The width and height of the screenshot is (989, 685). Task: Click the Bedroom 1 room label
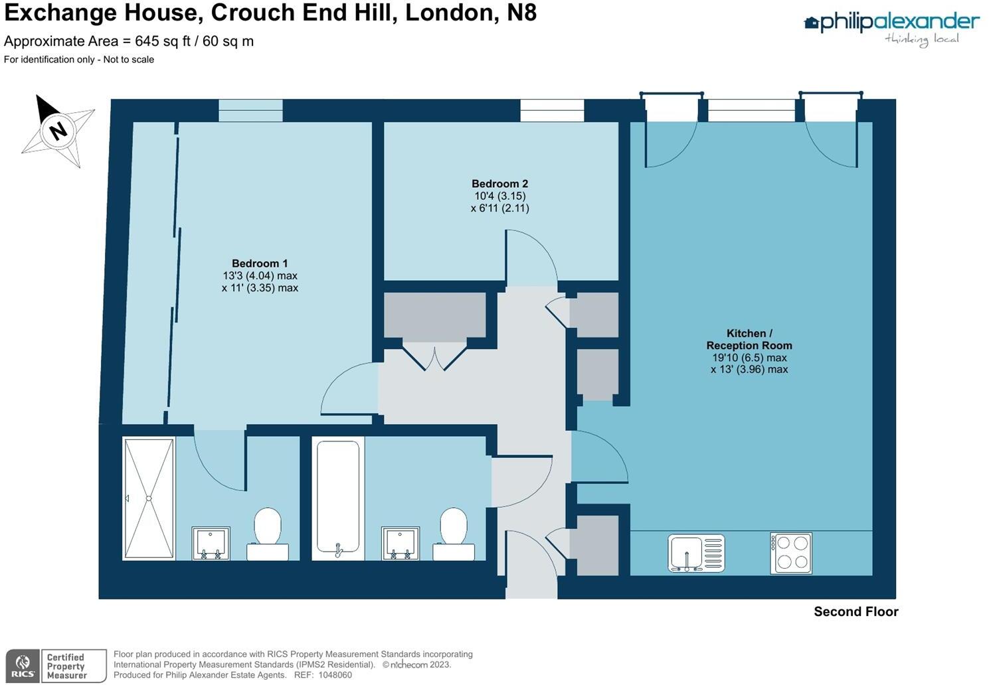tap(260, 264)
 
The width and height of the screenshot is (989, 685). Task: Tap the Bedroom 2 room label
tap(499, 184)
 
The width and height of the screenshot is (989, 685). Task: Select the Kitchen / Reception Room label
tap(749, 339)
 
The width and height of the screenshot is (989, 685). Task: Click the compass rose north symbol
tap(58, 130)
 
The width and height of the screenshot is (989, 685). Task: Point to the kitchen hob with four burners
tap(791, 553)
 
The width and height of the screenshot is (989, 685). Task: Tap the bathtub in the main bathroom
tap(338, 496)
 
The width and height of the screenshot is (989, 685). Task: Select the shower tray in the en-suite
tap(149, 498)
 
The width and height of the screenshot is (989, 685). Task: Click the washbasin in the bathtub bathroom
tap(401, 543)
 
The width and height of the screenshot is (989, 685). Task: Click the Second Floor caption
tap(855, 612)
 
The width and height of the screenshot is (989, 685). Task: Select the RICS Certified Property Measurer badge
tap(56, 666)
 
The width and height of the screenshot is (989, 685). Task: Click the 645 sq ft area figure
tap(159, 41)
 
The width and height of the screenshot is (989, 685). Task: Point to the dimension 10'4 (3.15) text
tap(499, 196)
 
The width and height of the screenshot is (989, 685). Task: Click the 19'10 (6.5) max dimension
tap(749, 358)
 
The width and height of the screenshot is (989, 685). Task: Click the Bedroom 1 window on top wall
tap(251, 111)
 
